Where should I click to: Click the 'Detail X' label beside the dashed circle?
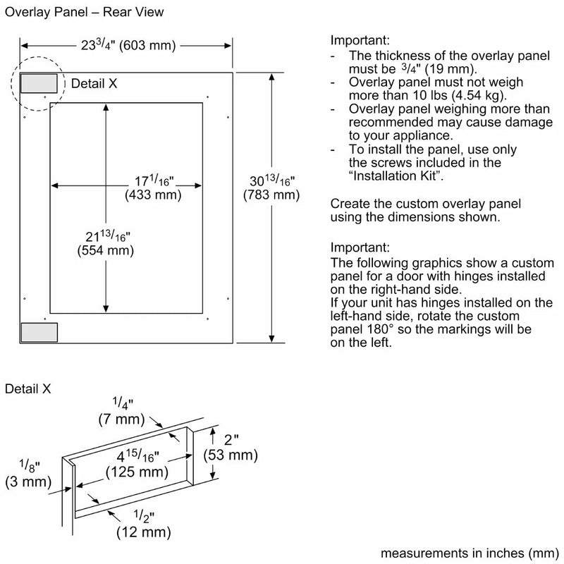click(94, 83)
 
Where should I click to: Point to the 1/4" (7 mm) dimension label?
click(122, 412)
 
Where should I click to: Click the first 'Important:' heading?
click(360, 42)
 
